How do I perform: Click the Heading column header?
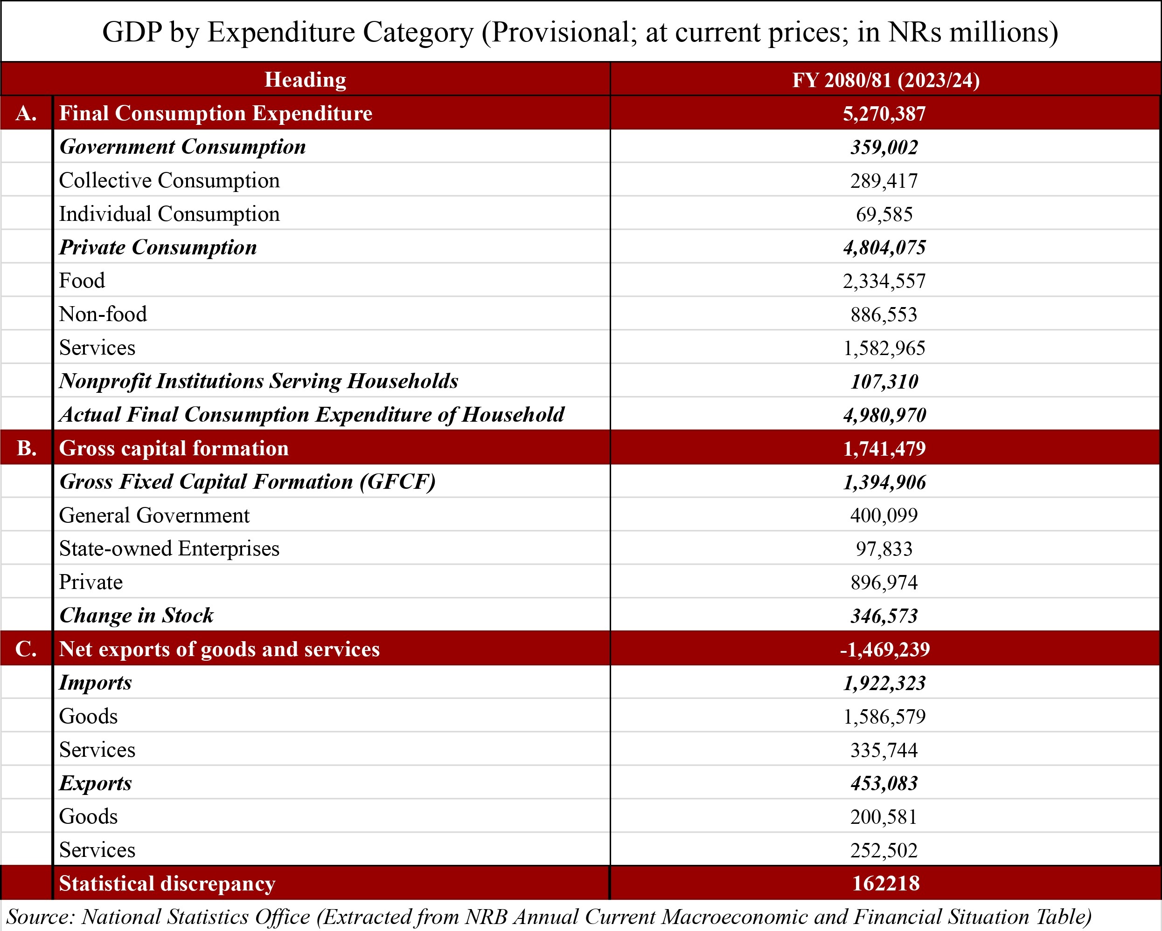tap(305, 80)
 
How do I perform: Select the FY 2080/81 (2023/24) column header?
tap(885, 80)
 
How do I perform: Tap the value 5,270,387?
tap(884, 114)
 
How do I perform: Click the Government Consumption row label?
tap(182, 147)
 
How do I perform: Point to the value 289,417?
tap(884, 181)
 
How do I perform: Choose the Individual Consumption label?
tap(169, 214)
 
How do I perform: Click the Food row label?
tap(82, 281)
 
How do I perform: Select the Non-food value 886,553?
tap(884, 315)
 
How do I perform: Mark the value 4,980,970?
tap(884, 415)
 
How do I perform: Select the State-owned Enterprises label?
tap(169, 549)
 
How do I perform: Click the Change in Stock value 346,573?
tap(884, 616)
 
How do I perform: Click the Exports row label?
tap(96, 783)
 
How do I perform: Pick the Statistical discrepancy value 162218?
tap(885, 883)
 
